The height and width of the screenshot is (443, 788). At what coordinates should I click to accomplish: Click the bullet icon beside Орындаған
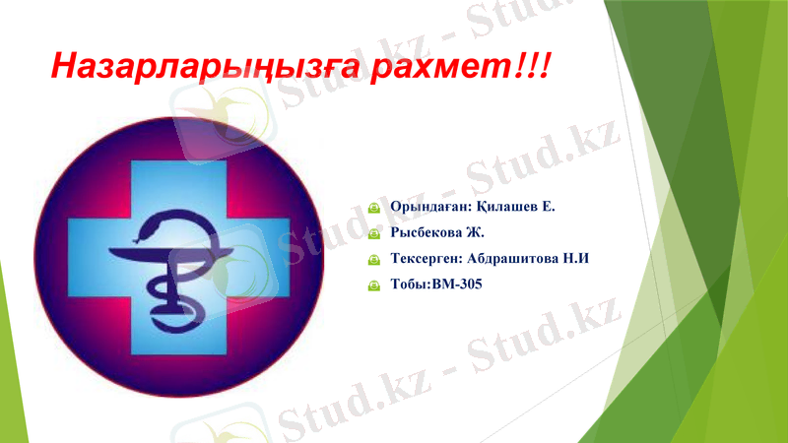pyautogui.click(x=373, y=209)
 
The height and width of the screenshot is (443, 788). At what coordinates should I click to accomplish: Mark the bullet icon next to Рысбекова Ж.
pyautogui.click(x=373, y=234)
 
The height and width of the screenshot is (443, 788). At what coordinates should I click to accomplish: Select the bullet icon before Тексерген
pyautogui.click(x=373, y=260)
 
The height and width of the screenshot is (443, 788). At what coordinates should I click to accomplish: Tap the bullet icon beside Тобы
pyautogui.click(x=373, y=285)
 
